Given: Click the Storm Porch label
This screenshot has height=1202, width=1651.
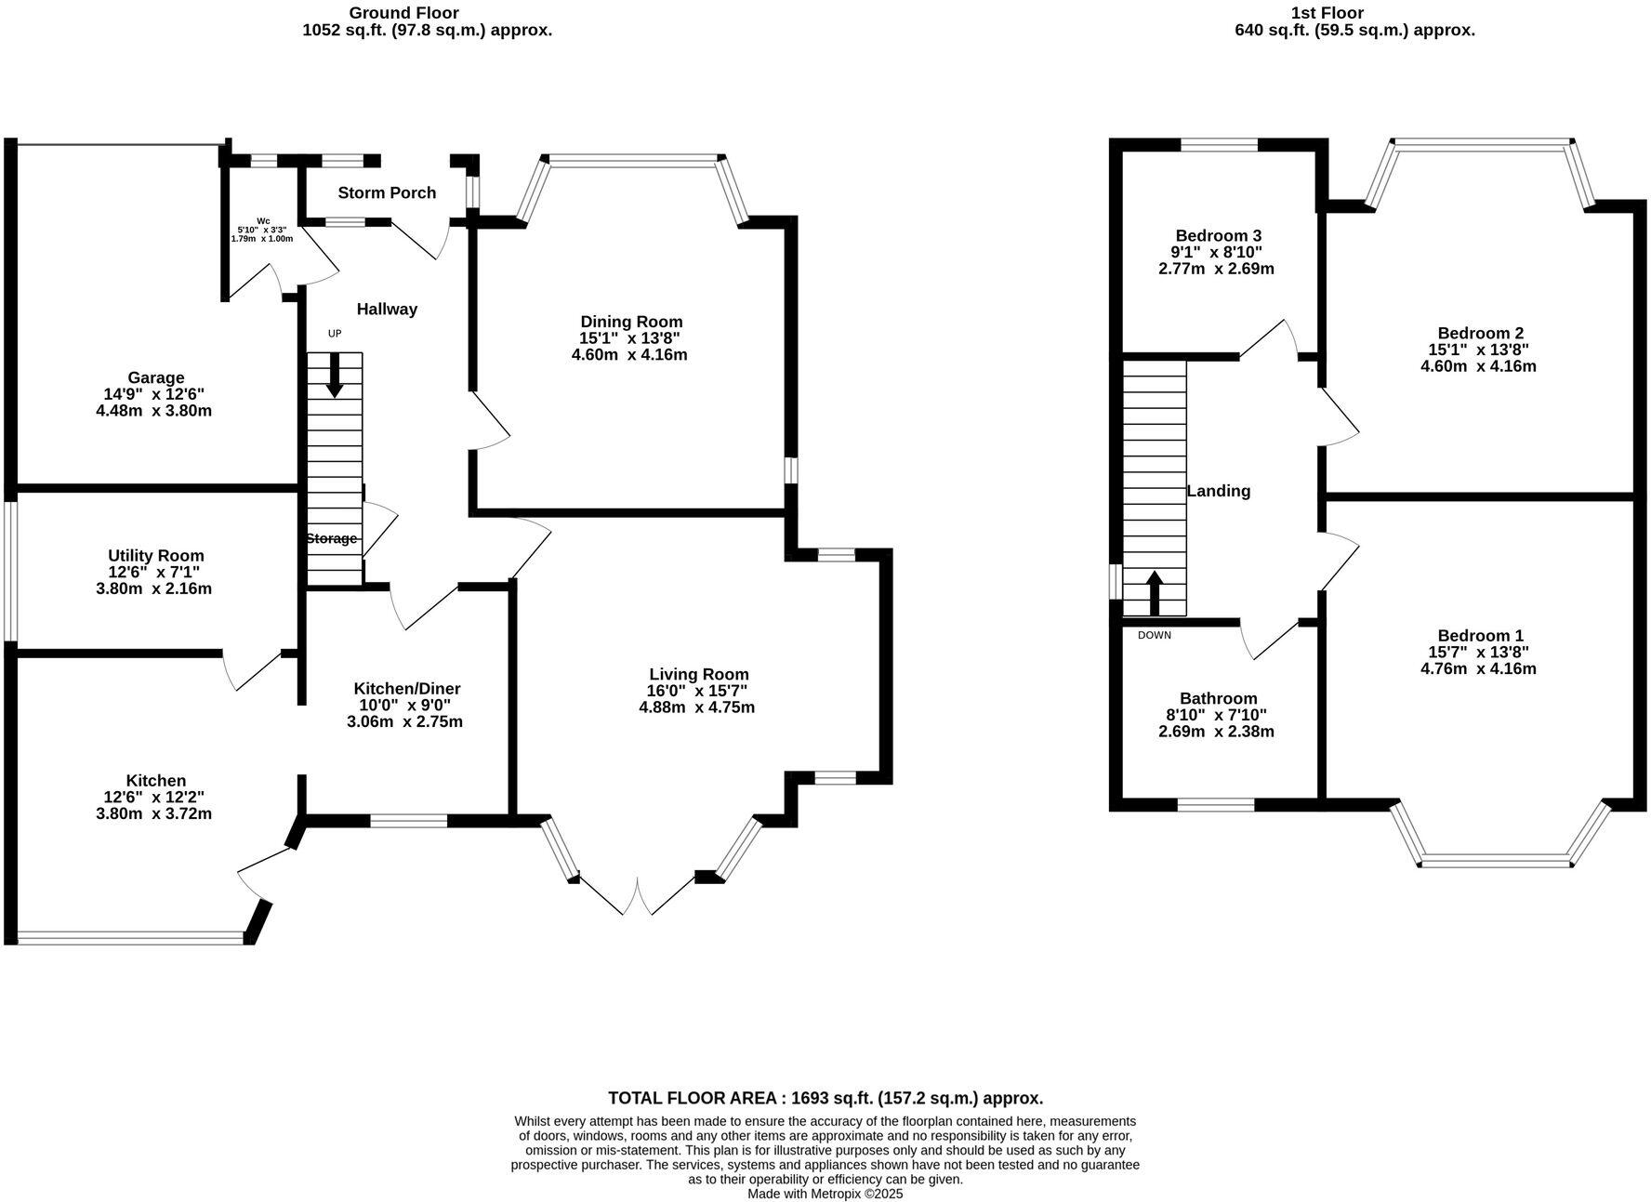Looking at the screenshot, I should pos(387,192).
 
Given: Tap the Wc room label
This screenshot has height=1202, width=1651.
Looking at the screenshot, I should pos(263,220).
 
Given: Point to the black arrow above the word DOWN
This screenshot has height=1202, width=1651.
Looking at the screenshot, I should pos(1154,592).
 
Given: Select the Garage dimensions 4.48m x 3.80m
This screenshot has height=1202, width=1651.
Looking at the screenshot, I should pos(154,410).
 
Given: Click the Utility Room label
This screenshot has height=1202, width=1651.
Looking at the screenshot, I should pos(155,556).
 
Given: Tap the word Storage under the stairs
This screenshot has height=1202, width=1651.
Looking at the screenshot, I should pos(331,538).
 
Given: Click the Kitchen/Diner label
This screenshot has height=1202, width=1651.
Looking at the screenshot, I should pos(406,689).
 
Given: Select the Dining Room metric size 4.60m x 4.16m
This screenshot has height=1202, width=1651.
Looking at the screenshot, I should pos(629,354).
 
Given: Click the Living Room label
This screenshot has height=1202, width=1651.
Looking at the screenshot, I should pos(698,674).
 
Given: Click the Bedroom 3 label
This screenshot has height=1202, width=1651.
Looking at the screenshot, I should pos(1218,236).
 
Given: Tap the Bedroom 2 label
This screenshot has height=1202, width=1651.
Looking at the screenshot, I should pos(1480,333).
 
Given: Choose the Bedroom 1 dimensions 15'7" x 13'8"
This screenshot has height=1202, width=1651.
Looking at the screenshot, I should pos(1478,652).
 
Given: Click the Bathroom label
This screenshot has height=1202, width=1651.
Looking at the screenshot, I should pos(1218,698).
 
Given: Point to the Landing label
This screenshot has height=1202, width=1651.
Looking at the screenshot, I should pos(1218,491).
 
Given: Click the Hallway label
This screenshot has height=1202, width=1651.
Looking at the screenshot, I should pos(387,309).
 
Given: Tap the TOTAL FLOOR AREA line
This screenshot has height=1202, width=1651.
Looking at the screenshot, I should pos(825,1098).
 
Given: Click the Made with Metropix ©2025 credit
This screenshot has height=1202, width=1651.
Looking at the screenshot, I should pos(825,1194).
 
